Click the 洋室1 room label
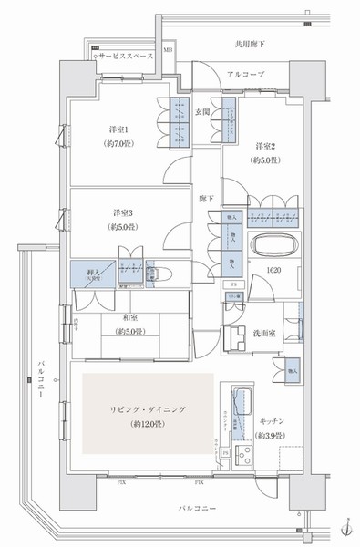(x=118, y=129)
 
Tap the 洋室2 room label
(x=265, y=147)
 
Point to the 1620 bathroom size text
(x=273, y=271)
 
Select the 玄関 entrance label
(x=203, y=112)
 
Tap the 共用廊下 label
(x=250, y=44)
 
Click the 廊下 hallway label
(x=208, y=198)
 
